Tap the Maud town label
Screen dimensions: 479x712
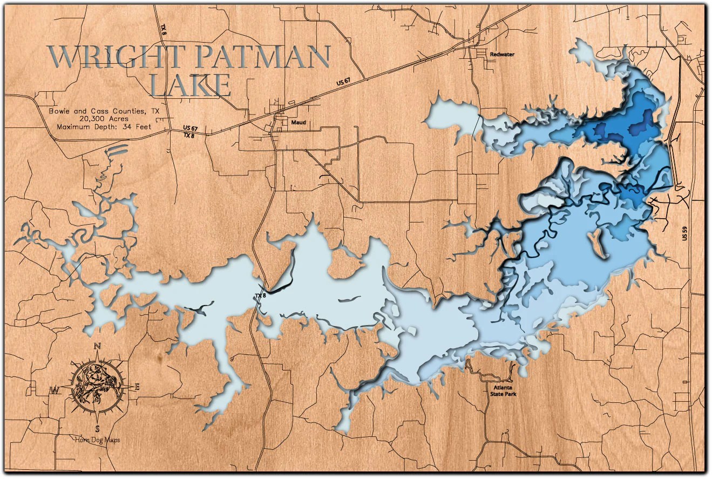click(x=298, y=123)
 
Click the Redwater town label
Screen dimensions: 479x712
click(x=502, y=55)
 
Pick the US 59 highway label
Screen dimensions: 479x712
click(x=685, y=233)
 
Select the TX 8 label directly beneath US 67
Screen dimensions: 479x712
click(x=189, y=136)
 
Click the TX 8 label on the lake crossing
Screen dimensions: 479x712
click(x=260, y=296)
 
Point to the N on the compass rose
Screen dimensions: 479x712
click(x=97, y=347)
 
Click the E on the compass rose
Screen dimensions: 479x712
click(x=137, y=387)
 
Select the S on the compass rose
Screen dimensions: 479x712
click(x=97, y=429)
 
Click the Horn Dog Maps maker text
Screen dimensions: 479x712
click(x=98, y=440)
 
